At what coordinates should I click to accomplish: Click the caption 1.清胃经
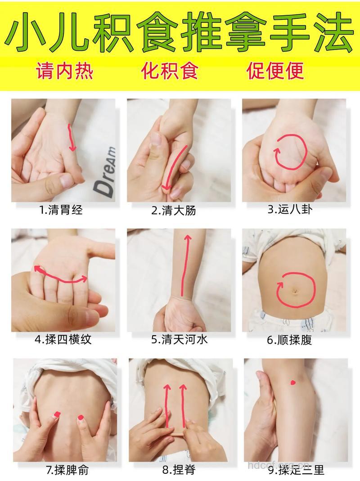(x=61, y=210)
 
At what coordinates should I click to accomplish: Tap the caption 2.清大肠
(x=173, y=210)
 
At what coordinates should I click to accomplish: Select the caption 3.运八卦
(x=290, y=209)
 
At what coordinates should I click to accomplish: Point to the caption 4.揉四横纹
(x=63, y=339)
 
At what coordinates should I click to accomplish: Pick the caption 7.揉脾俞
(x=67, y=471)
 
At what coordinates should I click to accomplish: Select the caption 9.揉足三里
(x=296, y=471)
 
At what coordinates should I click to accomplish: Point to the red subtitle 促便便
(x=275, y=71)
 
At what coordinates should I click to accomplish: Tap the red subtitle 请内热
(x=64, y=71)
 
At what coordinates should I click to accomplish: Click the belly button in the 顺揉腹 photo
(x=295, y=291)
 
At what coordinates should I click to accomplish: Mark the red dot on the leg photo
(x=293, y=382)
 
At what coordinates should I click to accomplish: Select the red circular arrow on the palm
(x=290, y=151)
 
